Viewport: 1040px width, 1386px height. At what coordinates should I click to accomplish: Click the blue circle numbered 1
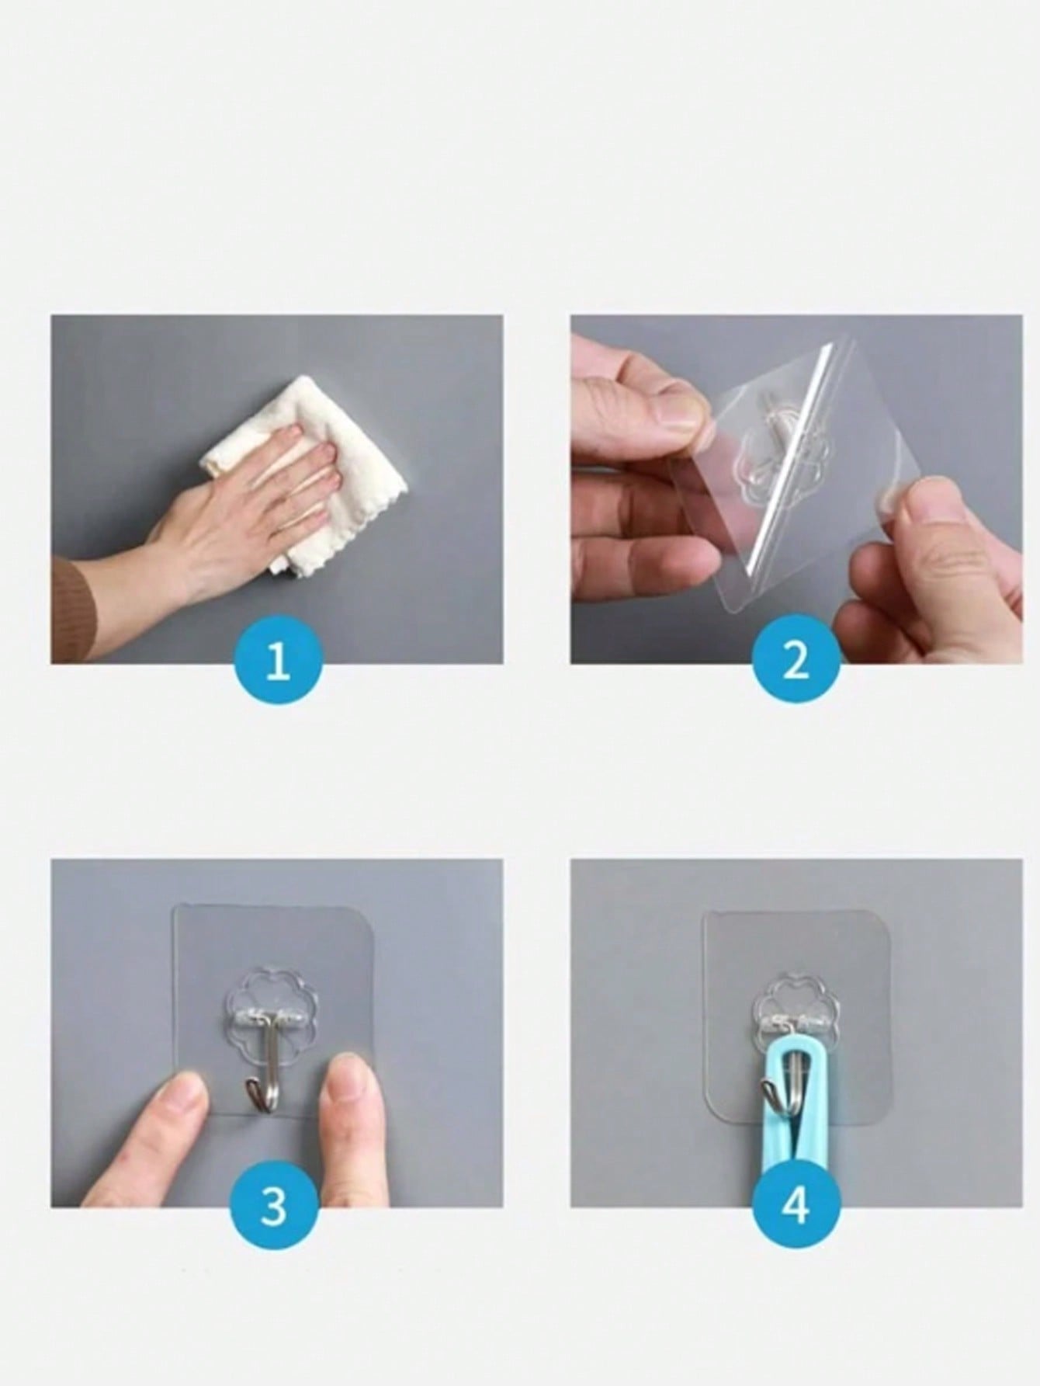[278, 665]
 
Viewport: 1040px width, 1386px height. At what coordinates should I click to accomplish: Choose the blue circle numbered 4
[796, 1207]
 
